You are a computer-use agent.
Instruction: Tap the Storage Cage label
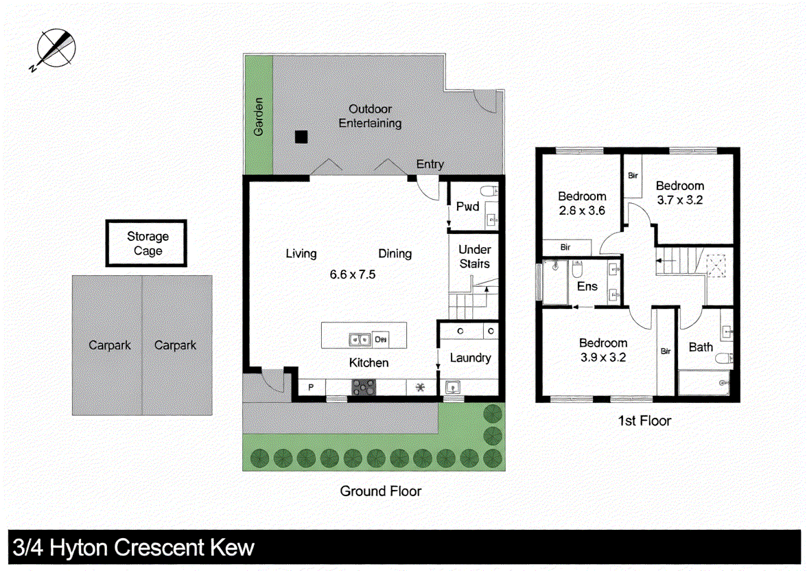tap(148, 244)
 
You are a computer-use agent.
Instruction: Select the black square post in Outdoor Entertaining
tap(301, 137)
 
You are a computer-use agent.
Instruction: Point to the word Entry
tap(430, 165)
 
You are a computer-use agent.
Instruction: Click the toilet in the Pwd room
tap(489, 191)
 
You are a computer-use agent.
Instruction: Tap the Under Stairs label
tap(474, 257)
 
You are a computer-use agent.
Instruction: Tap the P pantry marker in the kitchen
tap(311, 388)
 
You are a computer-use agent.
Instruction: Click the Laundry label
tap(470, 358)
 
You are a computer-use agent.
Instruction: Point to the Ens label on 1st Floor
tap(587, 287)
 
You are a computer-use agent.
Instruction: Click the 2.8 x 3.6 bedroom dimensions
tap(581, 211)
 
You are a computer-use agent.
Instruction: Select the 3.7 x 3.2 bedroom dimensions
tap(679, 200)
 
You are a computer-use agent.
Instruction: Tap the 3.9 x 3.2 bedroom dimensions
tap(603, 357)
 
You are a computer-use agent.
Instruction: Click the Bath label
tap(701, 347)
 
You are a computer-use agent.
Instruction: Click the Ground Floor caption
tap(381, 491)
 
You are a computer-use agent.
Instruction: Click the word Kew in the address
tap(231, 548)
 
